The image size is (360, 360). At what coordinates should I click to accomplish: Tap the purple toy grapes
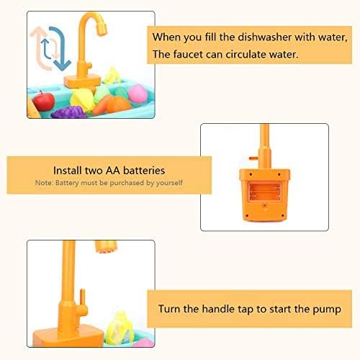point(70,112)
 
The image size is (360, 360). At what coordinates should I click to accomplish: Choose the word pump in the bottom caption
point(334,310)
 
